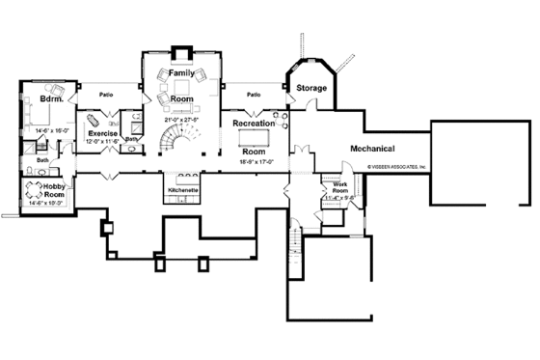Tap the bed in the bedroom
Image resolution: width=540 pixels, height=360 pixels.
point(42,115)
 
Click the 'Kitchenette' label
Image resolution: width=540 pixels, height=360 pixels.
point(182,190)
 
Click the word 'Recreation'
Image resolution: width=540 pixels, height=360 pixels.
point(253,124)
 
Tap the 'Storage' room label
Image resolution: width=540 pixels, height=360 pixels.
point(311,88)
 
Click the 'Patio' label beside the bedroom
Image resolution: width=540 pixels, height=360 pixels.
point(107,95)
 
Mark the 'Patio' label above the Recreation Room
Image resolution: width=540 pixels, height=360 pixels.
point(253,95)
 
